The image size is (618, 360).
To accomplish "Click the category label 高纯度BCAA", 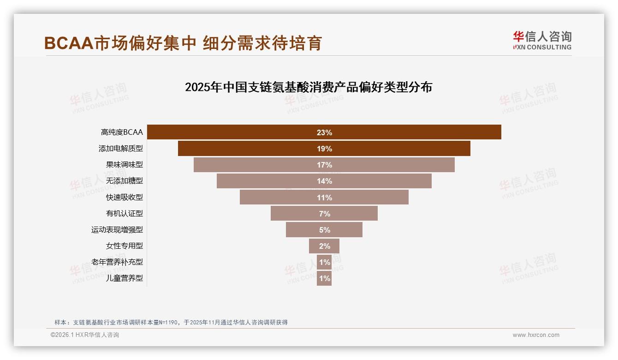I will click(x=122, y=132).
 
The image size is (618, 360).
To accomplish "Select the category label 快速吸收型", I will click(x=125, y=198).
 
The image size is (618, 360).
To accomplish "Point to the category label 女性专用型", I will click(x=125, y=246).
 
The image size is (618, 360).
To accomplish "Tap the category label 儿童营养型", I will click(x=125, y=278).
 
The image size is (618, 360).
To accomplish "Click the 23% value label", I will click(x=324, y=132).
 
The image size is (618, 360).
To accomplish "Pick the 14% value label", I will click(x=324, y=181).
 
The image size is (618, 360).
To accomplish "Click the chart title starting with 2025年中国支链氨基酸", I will click(x=308, y=87).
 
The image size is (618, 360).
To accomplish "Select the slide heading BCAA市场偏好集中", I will click(x=183, y=43).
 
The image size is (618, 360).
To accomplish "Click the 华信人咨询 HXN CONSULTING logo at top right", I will click(x=542, y=40).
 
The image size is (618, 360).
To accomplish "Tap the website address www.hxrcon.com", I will click(x=536, y=335).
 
